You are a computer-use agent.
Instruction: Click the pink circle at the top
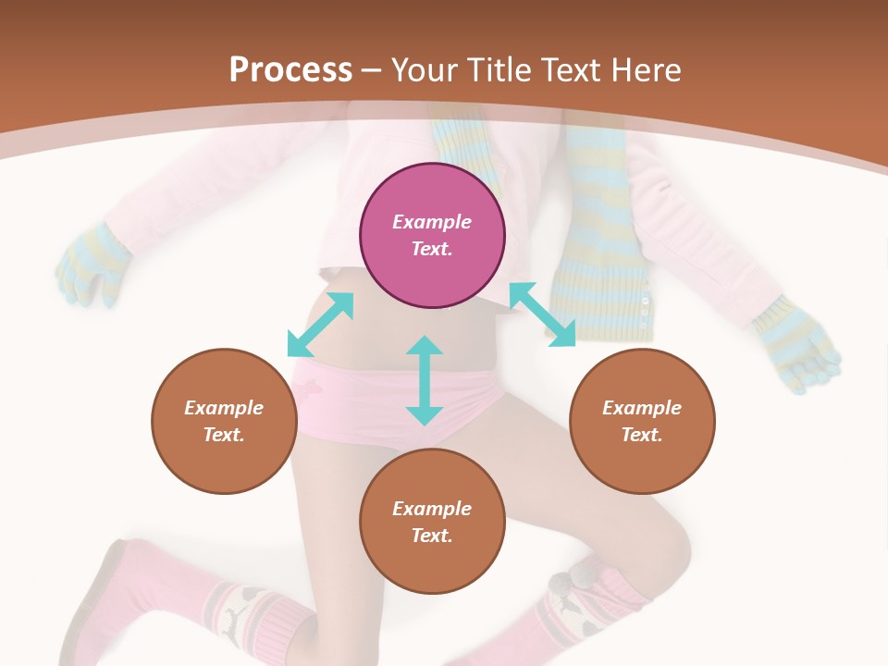432,235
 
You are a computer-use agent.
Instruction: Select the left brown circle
224,421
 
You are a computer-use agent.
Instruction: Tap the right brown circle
642,421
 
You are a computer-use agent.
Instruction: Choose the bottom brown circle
432,522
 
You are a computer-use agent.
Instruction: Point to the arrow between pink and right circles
543,314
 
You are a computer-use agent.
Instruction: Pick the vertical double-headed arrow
425,380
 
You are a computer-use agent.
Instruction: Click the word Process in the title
290,69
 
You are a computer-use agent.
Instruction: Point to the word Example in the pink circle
432,222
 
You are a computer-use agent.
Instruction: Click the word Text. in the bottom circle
432,536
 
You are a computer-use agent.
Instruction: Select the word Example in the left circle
224,408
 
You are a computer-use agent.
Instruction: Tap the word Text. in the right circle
642,435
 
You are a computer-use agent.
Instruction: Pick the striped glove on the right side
795,342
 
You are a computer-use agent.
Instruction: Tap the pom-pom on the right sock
561,584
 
